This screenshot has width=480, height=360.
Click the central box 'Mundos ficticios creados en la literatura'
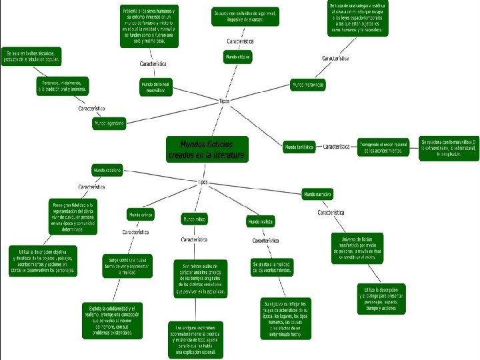coord(207,149)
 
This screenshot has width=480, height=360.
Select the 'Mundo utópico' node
coord(238,57)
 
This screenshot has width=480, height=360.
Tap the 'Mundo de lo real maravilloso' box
coord(156,87)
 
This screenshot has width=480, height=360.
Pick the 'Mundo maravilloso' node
coord(307,85)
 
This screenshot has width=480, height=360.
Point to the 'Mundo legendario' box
coord(109,123)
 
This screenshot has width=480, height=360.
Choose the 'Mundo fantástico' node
coord(299,147)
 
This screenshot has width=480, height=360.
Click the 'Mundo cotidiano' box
coord(107,170)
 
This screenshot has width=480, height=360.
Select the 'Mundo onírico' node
coord(141,215)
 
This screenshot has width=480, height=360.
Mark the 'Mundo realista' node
coord(261,221)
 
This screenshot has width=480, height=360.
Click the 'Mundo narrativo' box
coord(317,194)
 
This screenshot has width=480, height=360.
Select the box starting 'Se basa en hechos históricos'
coord(33,56)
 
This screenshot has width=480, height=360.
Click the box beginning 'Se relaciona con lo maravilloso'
coord(450,147)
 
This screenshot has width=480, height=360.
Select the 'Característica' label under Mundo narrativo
coord(331,212)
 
